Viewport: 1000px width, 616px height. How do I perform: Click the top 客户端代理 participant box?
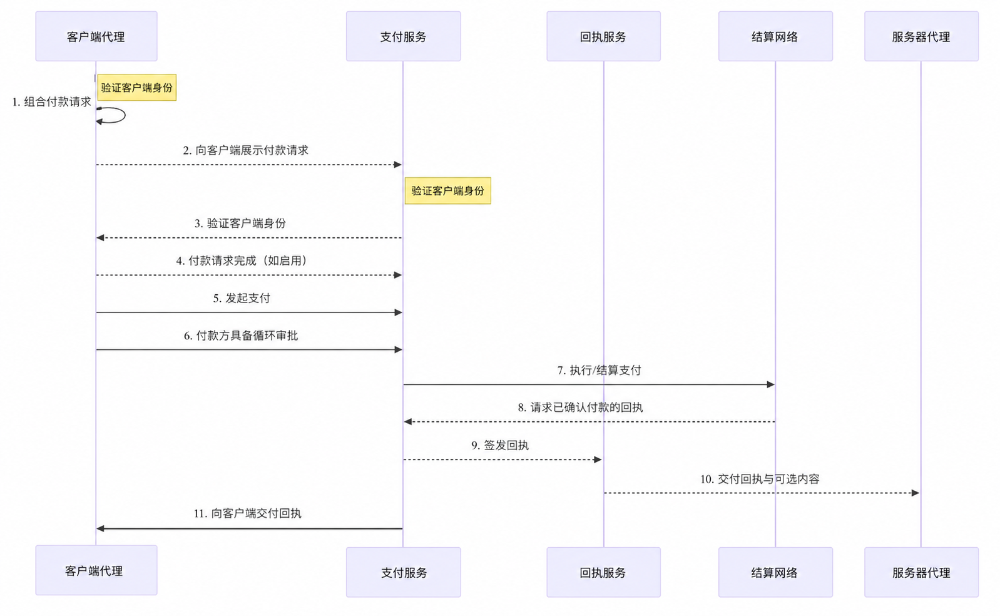pyautogui.click(x=96, y=36)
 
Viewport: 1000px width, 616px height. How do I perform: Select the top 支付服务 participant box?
pyautogui.click(x=403, y=36)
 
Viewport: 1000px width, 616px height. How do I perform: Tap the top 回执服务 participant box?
pyautogui.click(x=604, y=36)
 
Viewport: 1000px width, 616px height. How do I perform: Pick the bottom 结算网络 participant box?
pyautogui.click(x=775, y=572)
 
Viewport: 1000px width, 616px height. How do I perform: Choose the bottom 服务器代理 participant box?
pyautogui.click(x=921, y=572)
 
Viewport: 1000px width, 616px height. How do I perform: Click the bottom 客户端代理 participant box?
pyautogui.click(x=96, y=570)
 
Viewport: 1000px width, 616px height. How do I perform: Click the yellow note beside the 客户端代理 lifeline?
pyautogui.click(x=136, y=88)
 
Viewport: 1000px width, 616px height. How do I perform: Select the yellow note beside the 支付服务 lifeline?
pyautogui.click(x=448, y=191)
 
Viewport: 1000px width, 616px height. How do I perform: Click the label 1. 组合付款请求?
pyautogui.click(x=52, y=102)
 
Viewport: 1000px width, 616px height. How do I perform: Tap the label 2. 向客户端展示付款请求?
pyautogui.click(x=245, y=150)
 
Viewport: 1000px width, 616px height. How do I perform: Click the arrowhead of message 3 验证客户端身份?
pyautogui.click(x=100, y=238)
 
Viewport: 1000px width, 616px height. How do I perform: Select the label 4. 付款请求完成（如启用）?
pyautogui.click(x=242, y=260)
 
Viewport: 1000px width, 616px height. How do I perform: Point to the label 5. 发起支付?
pyautogui.click(x=242, y=298)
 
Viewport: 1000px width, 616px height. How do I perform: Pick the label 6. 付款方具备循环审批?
pyautogui.click(x=241, y=336)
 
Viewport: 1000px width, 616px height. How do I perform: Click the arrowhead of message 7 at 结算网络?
pyautogui.click(x=771, y=384)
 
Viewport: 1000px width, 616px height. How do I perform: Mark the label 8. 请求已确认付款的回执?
pyautogui.click(x=580, y=408)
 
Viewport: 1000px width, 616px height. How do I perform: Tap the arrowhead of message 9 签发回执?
pyautogui.click(x=598, y=459)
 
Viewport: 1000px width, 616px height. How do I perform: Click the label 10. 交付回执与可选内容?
pyautogui.click(x=760, y=479)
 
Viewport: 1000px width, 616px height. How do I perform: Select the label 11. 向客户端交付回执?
pyautogui.click(x=247, y=513)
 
